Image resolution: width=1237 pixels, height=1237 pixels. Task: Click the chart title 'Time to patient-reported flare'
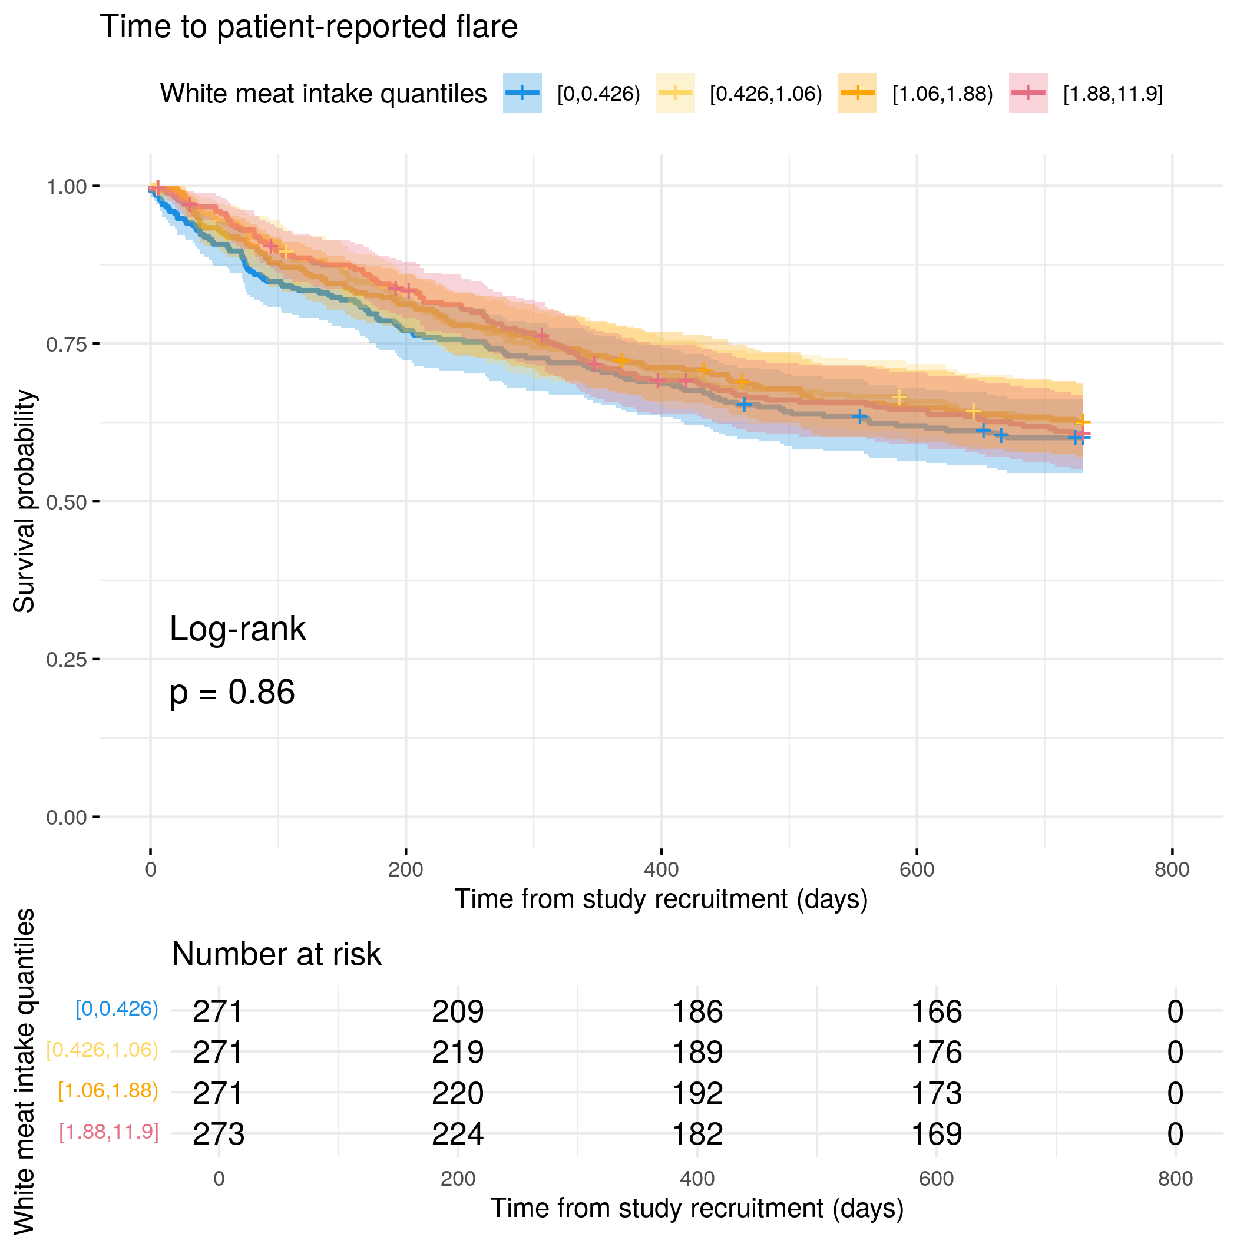[309, 27]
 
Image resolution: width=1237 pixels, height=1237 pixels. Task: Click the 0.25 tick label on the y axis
[66, 660]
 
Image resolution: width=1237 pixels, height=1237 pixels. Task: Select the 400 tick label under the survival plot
[661, 869]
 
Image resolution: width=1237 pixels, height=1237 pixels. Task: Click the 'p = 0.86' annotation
[231, 693]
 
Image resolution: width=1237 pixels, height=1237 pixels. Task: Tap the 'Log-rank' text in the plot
[237, 629]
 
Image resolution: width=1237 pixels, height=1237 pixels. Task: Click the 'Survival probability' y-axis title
[24, 501]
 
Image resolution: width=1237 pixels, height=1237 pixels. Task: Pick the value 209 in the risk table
[458, 1012]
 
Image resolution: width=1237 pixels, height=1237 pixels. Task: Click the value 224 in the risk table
[458, 1135]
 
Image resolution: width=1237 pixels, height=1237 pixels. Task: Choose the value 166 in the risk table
[936, 1012]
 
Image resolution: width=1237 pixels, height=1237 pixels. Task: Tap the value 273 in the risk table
[219, 1135]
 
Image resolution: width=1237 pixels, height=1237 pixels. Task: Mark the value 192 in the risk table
[697, 1094]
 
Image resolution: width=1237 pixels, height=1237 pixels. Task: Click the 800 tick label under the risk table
[1175, 1179]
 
